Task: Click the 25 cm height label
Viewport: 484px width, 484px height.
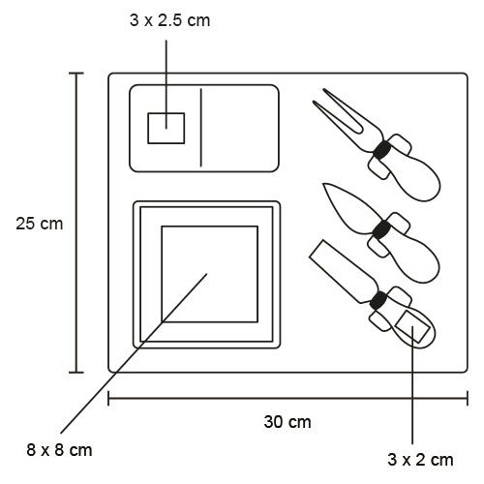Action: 39,223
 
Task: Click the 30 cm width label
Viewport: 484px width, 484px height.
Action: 287,422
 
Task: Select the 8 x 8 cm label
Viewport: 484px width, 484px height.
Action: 60,450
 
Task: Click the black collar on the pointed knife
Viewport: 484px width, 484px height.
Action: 383,229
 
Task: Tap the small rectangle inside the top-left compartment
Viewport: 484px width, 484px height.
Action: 166,128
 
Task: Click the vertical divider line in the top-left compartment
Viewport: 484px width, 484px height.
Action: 201,128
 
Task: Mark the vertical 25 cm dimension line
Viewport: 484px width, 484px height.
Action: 78,223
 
